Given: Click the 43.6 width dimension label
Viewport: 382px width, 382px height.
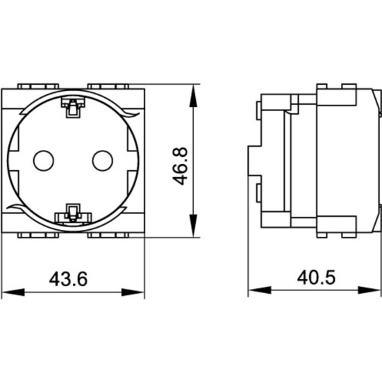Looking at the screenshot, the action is (x=68, y=279).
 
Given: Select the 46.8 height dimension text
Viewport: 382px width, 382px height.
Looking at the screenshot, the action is (x=181, y=166).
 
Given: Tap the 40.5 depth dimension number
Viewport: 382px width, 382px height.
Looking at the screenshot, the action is (x=316, y=278).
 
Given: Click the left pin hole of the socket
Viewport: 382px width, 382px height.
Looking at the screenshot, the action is (x=44, y=160).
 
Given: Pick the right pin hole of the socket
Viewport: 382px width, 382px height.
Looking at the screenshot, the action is (x=103, y=160).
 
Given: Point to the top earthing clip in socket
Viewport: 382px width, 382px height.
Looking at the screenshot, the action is (x=73, y=107).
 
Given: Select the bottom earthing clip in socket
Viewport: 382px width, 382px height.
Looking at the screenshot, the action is (x=73, y=214).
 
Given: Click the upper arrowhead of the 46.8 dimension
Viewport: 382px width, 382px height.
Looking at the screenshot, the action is (x=193, y=96).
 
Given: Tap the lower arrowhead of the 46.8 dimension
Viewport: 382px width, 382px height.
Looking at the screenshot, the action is (x=193, y=226).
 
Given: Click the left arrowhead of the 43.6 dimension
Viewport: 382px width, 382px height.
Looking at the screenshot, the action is (x=13, y=292).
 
